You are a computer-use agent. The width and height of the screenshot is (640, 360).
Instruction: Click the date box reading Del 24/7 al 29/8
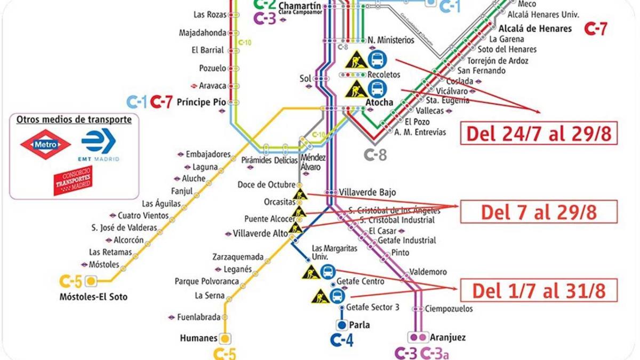[539, 134]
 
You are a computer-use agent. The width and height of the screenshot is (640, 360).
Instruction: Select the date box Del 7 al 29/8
[538, 212]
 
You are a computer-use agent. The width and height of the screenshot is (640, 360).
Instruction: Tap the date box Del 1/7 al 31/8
[538, 291]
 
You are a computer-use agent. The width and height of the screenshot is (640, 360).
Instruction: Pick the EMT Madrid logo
[98, 145]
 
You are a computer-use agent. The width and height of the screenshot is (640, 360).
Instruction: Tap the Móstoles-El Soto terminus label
[93, 297]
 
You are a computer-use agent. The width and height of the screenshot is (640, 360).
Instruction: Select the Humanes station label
[198, 338]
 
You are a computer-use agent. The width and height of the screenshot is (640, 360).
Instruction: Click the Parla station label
[359, 325]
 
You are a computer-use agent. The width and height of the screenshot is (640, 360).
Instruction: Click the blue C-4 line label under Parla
[341, 340]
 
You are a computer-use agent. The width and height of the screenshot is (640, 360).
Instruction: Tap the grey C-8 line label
[375, 155]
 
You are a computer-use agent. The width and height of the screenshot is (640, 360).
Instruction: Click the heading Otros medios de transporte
[74, 119]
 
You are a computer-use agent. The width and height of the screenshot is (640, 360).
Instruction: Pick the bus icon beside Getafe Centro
[337, 295]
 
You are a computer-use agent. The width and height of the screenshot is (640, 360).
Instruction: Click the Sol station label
[305, 78]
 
